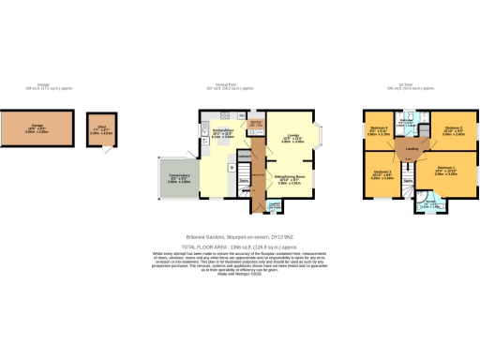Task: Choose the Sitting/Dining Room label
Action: click(x=290, y=175)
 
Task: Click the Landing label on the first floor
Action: click(x=412, y=149)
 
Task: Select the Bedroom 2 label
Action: click(x=455, y=128)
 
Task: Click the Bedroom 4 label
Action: click(x=378, y=128)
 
